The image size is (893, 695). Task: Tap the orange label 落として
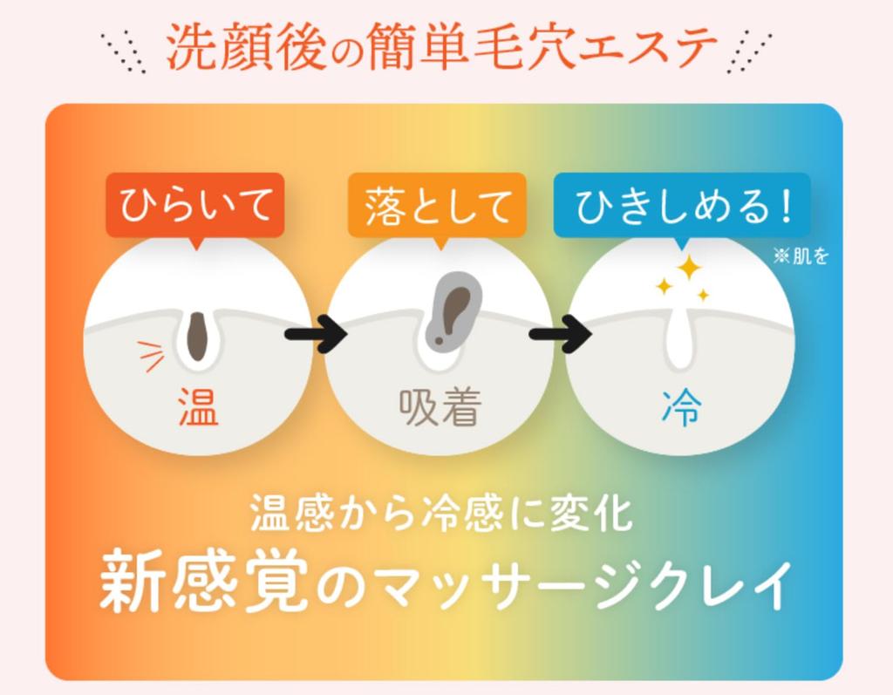[x=437, y=206]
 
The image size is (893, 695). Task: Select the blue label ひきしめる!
[x=682, y=206]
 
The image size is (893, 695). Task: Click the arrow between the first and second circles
[x=315, y=334]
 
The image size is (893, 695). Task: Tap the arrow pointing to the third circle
[x=559, y=334]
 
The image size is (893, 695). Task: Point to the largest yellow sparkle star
[x=689, y=267]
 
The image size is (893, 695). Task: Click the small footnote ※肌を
[x=800, y=256]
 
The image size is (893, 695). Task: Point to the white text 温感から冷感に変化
[x=440, y=514]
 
